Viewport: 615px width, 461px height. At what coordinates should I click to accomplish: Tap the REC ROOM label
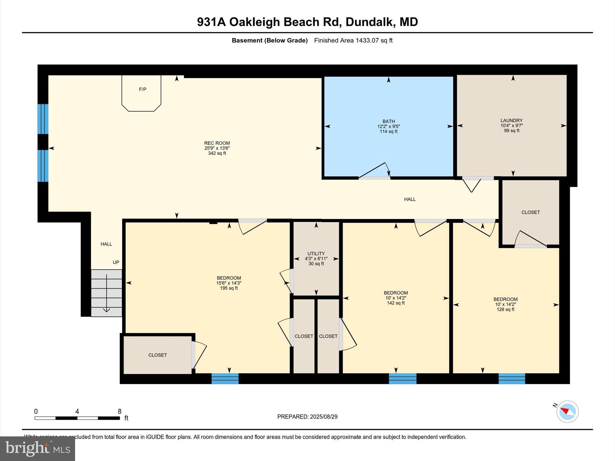click(217, 143)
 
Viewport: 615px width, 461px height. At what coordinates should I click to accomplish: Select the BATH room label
click(388, 122)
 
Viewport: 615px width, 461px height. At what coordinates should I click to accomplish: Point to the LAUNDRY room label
click(511, 121)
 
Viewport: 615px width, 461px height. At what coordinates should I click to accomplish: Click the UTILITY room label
click(316, 254)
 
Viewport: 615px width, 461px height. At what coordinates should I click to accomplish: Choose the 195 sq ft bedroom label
click(229, 283)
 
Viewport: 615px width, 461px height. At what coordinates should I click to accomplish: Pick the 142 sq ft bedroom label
click(395, 298)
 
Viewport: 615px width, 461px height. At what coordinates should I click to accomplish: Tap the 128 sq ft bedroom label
click(505, 304)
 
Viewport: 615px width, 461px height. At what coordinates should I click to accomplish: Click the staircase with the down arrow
click(106, 293)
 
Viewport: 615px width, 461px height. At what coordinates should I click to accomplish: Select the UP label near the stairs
click(116, 262)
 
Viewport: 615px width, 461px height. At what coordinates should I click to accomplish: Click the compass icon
click(567, 411)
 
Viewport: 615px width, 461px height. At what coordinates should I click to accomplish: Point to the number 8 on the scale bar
click(120, 411)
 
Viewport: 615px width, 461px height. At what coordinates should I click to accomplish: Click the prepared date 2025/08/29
click(324, 417)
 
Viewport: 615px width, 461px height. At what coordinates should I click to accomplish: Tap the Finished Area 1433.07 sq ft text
click(353, 41)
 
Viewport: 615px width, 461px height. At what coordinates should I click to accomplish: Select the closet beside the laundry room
click(530, 212)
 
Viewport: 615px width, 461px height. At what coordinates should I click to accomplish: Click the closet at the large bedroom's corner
click(157, 355)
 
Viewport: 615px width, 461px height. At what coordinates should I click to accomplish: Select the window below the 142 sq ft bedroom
click(402, 378)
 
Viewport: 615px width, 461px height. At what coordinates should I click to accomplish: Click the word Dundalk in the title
click(369, 22)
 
